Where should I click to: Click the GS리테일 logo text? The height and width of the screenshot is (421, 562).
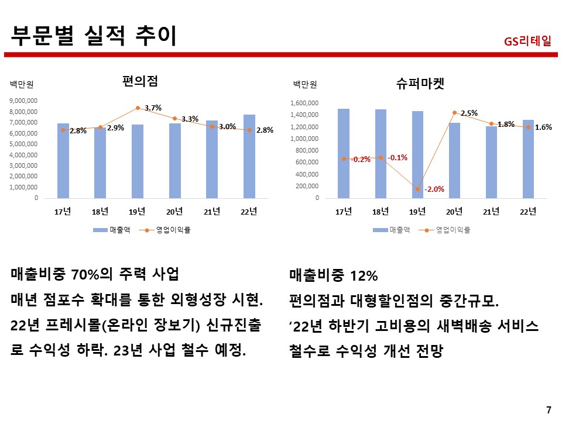click(527, 42)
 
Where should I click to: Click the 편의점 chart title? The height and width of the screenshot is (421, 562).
click(140, 81)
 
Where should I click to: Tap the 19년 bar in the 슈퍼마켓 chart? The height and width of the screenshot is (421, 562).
click(417, 154)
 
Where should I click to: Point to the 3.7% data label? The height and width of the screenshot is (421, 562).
click(153, 108)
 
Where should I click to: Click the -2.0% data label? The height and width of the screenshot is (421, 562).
click(434, 189)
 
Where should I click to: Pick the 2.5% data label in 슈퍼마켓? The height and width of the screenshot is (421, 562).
click(469, 112)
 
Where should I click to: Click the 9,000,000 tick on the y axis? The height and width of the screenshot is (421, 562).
click(23, 101)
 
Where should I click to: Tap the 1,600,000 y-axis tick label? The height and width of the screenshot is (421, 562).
click(304, 103)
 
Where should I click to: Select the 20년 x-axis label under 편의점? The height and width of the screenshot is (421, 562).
click(174, 212)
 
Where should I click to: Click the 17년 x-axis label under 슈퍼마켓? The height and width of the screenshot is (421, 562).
click(344, 212)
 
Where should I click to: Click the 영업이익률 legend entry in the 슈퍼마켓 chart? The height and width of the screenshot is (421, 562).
click(453, 230)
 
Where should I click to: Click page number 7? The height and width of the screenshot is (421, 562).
click(548, 409)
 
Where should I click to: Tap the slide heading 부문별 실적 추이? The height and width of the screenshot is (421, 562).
click(94, 34)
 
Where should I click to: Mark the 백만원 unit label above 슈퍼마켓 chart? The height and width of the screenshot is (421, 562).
click(304, 84)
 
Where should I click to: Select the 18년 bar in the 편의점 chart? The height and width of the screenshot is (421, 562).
click(100, 163)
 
